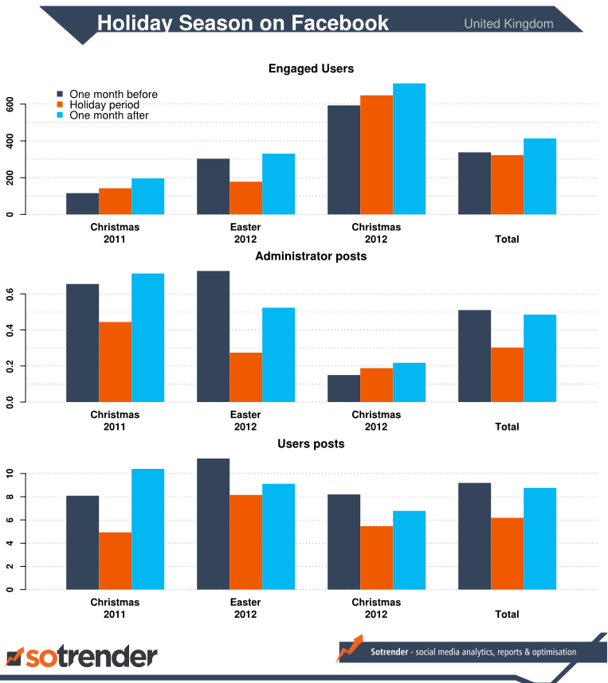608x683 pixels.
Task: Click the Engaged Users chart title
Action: pos(311,69)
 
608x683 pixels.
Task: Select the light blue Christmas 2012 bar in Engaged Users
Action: pos(409,149)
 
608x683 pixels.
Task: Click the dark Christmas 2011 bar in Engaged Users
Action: pos(82,204)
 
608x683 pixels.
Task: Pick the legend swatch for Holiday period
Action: pos(61,104)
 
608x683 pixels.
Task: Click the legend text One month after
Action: pos(109,115)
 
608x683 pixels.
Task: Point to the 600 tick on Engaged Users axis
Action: pos(10,104)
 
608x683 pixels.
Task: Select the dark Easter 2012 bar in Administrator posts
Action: pos(213,337)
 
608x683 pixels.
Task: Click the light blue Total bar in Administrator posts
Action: pos(539,358)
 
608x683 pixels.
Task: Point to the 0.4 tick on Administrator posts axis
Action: pos(10,330)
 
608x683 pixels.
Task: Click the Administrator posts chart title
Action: pos(311,256)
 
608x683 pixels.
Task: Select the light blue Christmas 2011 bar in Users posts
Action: pos(147,529)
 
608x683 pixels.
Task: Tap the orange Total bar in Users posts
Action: pos(507,554)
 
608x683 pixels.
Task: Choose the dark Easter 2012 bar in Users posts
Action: pos(213,525)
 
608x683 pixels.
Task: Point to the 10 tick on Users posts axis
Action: pos(10,474)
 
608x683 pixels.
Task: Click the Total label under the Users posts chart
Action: pos(507,615)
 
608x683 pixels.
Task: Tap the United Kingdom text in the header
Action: pos(508,24)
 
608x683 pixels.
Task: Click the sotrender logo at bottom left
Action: pos(81,657)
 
